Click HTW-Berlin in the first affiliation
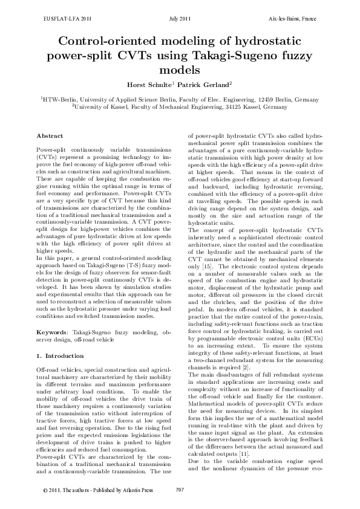(61, 98)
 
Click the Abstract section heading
(50, 137)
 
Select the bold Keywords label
(53, 332)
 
